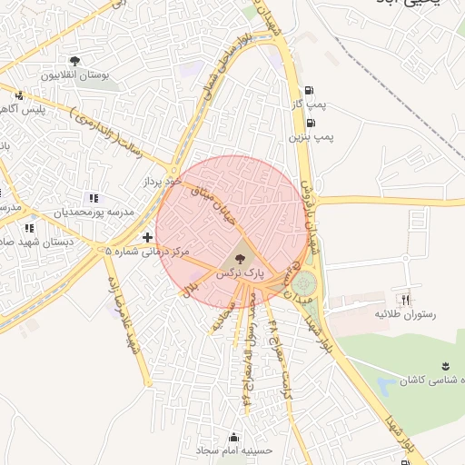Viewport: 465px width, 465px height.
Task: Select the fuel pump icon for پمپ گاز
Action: click(311, 91)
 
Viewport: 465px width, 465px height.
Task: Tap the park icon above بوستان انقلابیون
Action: click(74, 62)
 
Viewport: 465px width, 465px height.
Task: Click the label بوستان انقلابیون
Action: click(74, 75)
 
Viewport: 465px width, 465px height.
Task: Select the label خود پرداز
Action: click(163, 183)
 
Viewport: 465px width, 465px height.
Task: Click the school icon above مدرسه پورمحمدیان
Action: click(93, 198)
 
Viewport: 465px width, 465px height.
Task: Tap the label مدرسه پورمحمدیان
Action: click(94, 213)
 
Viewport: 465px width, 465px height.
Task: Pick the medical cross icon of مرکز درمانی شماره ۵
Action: click(147, 237)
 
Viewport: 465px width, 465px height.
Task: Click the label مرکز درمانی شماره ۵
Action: click(147, 251)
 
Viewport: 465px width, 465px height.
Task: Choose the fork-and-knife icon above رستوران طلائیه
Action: click(405, 300)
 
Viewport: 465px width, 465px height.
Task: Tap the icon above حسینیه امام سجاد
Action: click(234, 437)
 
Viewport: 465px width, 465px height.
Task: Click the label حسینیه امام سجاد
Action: click(234, 450)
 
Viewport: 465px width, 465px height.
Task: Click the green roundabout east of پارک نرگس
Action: click(307, 282)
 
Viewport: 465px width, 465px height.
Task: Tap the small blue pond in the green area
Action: click(385, 385)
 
